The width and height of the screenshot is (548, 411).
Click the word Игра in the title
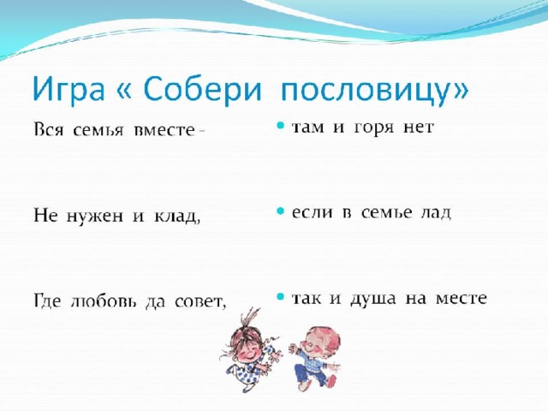(68, 90)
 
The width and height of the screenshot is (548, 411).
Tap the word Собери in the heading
(202, 89)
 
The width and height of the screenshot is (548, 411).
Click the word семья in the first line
(98, 130)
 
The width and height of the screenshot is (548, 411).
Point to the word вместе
(164, 130)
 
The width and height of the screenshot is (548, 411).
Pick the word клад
(177, 217)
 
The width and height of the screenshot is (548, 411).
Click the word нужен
(94, 217)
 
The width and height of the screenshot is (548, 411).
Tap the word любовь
(103, 301)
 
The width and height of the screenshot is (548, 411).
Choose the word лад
(436, 213)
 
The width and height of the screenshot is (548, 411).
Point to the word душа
(373, 300)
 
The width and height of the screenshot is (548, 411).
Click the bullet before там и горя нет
(280, 126)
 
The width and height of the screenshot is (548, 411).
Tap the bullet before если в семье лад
(280, 211)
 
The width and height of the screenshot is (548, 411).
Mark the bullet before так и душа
(280, 297)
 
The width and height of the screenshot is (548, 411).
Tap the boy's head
(322, 341)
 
